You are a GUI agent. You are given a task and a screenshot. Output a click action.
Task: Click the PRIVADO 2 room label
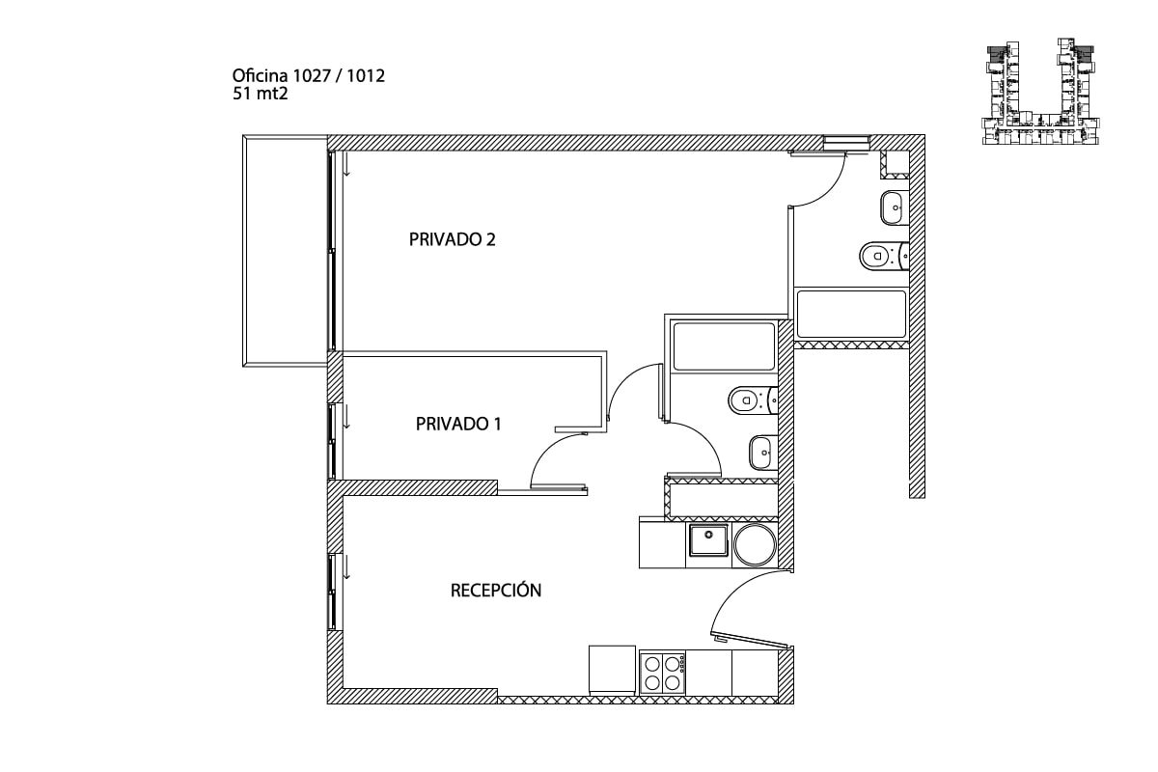pyautogui.click(x=452, y=239)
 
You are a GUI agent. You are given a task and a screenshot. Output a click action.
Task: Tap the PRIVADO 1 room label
pyautogui.click(x=458, y=424)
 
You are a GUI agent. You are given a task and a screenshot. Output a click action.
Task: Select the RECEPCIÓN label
pyautogui.click(x=496, y=590)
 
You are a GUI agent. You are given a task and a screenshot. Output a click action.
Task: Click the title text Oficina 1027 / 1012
pyautogui.click(x=309, y=76)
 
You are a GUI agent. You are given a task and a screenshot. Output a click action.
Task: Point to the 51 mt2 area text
pyautogui.click(x=260, y=95)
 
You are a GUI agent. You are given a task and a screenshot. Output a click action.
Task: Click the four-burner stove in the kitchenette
pyautogui.click(x=662, y=673)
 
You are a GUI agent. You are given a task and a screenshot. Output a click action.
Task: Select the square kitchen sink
pyautogui.click(x=708, y=540)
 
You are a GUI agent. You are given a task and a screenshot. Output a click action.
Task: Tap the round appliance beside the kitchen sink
pyautogui.click(x=755, y=545)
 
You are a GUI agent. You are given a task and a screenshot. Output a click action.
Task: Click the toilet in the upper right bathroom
pyautogui.click(x=884, y=256)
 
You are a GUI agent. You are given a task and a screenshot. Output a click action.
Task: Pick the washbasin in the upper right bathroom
pyautogui.click(x=895, y=207)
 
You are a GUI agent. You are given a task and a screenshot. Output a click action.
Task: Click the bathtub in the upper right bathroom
pyautogui.click(x=851, y=314)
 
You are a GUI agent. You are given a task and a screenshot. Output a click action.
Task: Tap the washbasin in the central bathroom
pyautogui.click(x=763, y=453)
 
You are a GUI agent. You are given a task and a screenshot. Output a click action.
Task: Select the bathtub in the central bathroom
pyautogui.click(x=724, y=345)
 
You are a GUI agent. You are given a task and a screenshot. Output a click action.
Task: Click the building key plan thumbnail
pyautogui.click(x=1040, y=91)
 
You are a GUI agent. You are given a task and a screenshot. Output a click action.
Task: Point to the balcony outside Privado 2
pyautogui.click(x=285, y=251)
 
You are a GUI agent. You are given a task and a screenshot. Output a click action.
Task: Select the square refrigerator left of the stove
pyautogui.click(x=612, y=670)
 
